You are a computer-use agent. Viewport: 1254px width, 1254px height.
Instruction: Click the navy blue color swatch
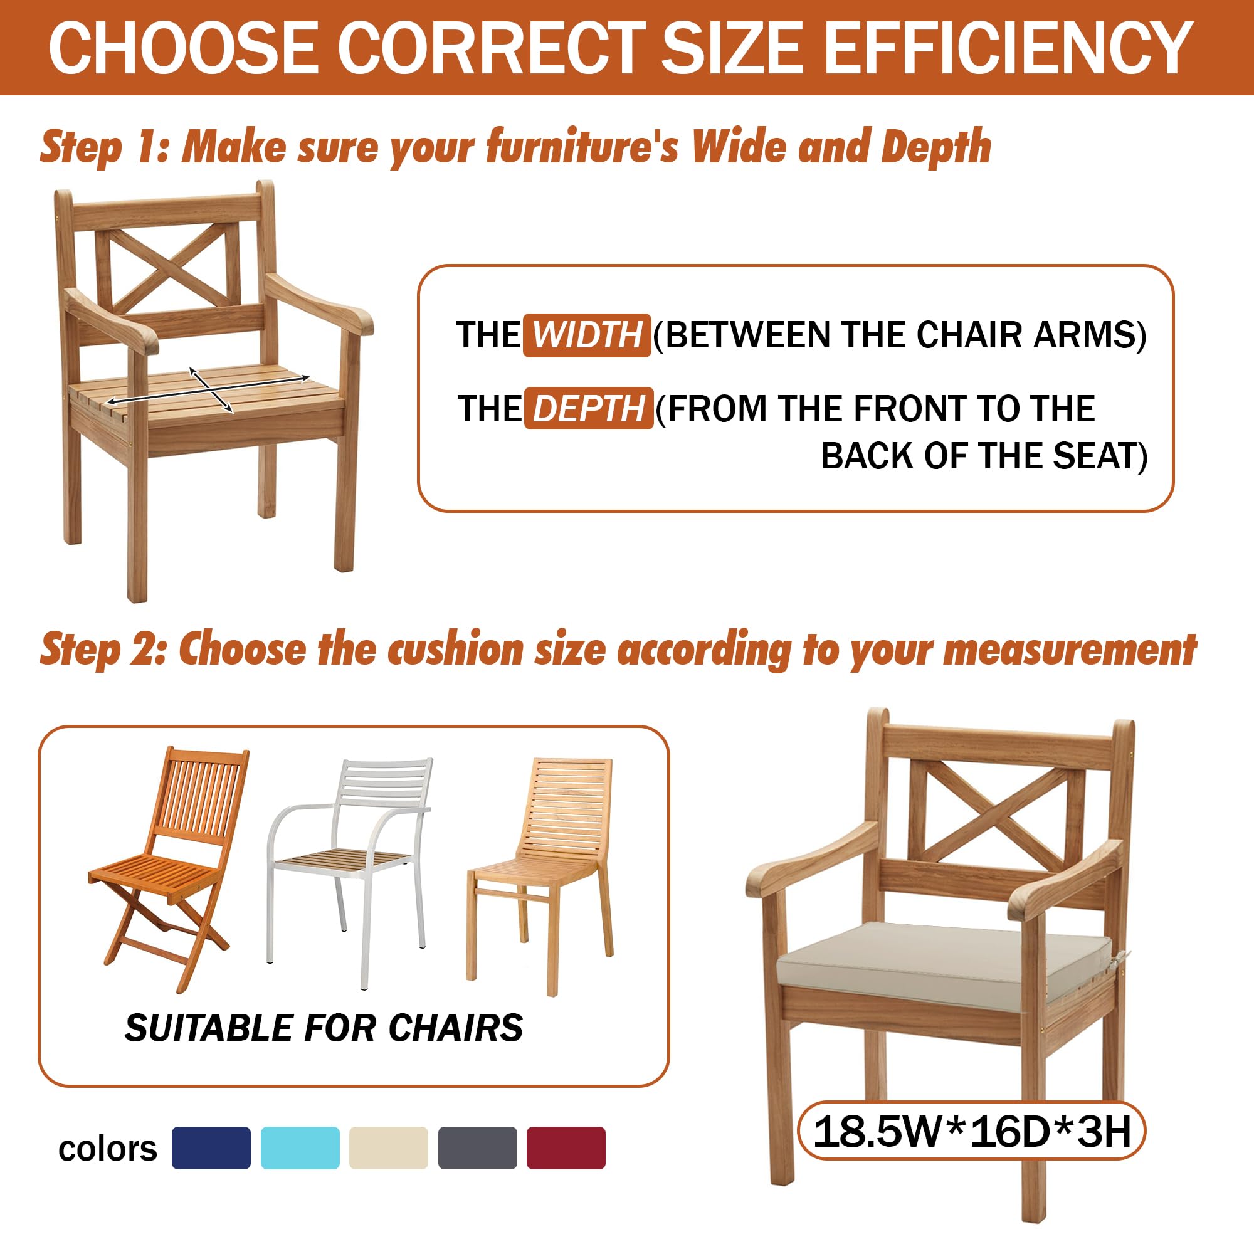(211, 1147)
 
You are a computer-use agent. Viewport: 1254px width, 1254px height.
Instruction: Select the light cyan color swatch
(300, 1147)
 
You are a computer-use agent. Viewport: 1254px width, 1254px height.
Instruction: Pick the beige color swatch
(389, 1147)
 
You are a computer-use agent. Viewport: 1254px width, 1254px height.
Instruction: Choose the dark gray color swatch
(478, 1147)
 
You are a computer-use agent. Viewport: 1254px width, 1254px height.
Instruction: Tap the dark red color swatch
(566, 1147)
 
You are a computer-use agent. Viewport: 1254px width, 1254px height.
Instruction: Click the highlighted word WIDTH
(587, 335)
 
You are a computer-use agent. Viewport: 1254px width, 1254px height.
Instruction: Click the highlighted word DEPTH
(589, 408)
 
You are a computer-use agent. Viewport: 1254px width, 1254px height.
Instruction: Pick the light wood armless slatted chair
(540, 877)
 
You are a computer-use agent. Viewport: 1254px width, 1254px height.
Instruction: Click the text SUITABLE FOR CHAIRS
(324, 1028)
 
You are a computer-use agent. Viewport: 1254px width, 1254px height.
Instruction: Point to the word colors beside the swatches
(108, 1149)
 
